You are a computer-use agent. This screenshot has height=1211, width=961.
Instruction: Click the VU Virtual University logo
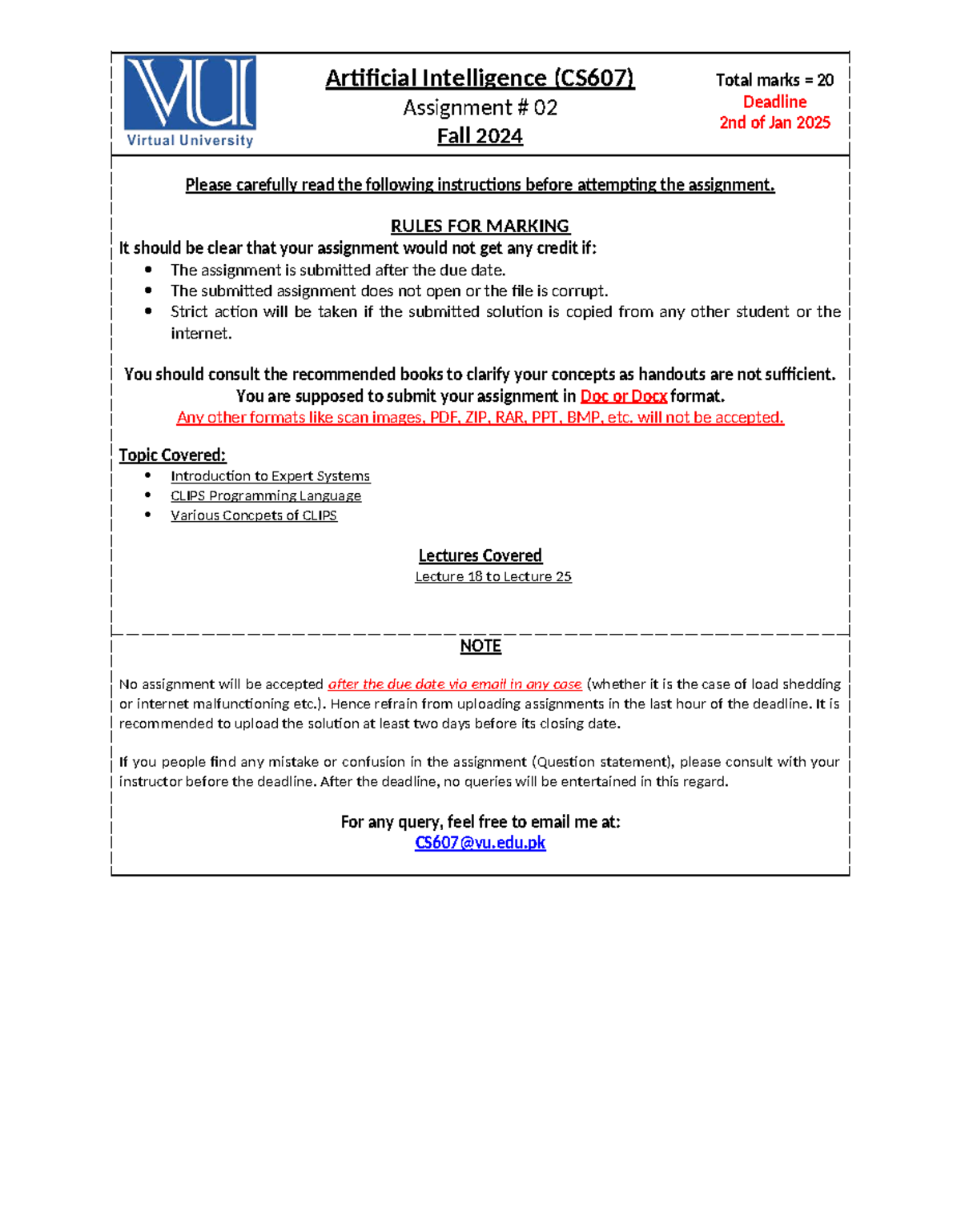(x=190, y=102)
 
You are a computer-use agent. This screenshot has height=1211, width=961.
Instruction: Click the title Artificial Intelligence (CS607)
(x=480, y=78)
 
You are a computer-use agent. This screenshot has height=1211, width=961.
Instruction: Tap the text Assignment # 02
(x=480, y=108)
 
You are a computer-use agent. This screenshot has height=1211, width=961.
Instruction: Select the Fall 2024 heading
(x=480, y=136)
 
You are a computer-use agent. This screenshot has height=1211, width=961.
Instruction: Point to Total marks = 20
(x=774, y=80)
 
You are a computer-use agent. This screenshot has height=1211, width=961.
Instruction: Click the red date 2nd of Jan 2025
(x=774, y=122)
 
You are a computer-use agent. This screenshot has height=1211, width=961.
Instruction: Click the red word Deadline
(x=774, y=102)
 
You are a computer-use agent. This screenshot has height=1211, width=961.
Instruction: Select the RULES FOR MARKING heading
(x=480, y=226)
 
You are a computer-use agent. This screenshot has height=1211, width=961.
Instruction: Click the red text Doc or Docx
(x=623, y=396)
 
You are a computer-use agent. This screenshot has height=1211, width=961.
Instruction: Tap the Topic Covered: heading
(x=172, y=455)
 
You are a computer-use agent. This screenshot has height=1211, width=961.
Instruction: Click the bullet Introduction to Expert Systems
(x=270, y=476)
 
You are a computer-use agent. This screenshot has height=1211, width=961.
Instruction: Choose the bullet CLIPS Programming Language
(x=266, y=496)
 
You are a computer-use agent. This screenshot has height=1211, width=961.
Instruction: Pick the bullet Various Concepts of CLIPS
(x=254, y=515)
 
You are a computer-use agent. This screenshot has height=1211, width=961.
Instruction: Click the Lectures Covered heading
(x=480, y=555)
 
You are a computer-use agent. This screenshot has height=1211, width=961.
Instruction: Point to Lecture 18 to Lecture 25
(x=493, y=576)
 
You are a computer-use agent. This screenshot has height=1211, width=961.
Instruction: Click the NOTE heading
(x=480, y=646)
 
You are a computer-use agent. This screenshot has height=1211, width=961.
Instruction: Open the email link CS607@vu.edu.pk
(x=480, y=843)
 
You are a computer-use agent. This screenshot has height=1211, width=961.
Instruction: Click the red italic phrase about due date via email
(x=455, y=684)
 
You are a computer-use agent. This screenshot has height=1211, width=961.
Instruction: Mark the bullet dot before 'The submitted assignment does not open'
(x=148, y=291)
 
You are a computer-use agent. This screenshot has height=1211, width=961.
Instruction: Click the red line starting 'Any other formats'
(x=480, y=418)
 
